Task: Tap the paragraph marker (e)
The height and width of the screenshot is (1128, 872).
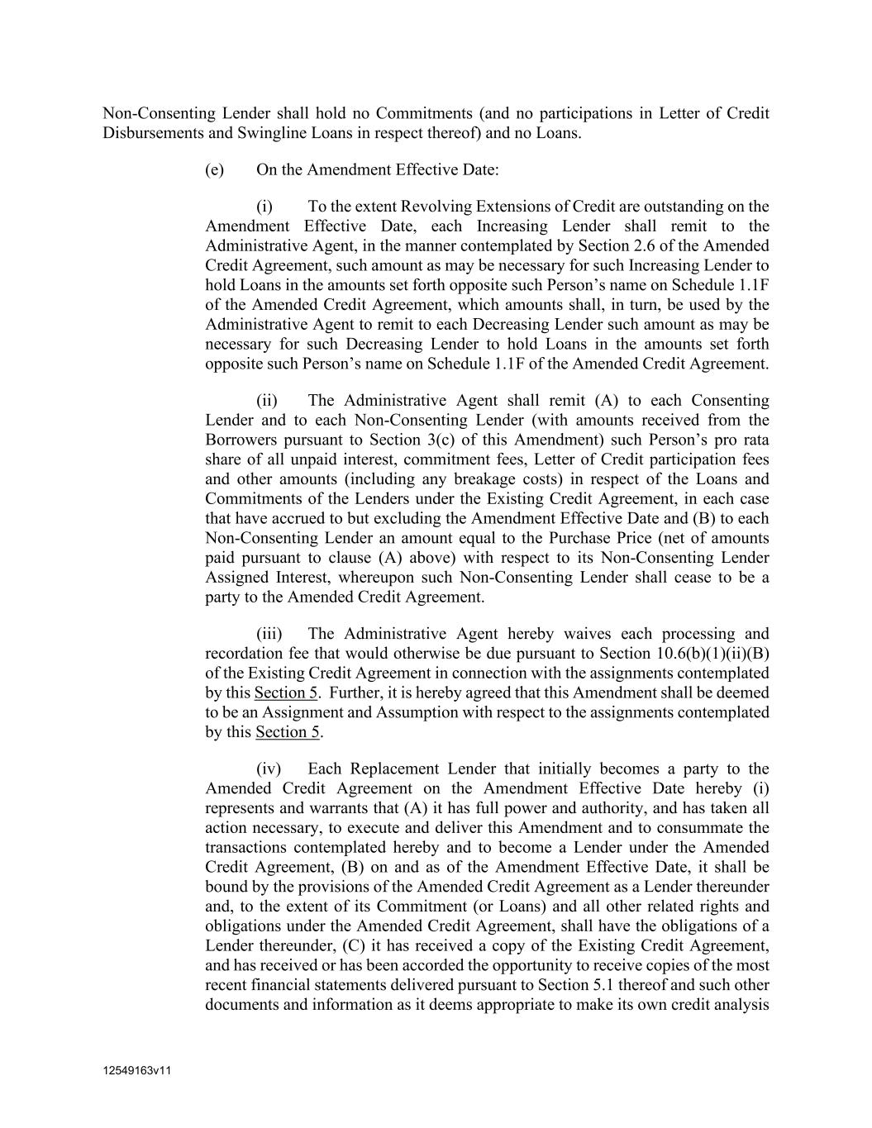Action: [214, 170]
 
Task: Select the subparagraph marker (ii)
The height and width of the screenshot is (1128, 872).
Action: [267, 401]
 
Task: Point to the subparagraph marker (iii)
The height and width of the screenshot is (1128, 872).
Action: [269, 634]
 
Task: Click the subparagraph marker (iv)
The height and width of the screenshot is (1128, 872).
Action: [269, 769]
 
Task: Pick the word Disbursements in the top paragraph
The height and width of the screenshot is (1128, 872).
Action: [149, 133]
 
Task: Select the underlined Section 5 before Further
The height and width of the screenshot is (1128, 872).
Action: [286, 693]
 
